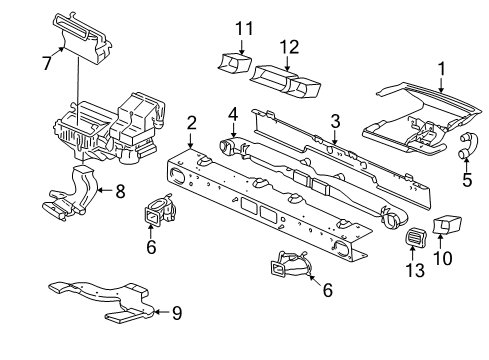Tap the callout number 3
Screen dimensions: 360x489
click(x=336, y=121)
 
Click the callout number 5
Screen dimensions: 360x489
click(x=465, y=181)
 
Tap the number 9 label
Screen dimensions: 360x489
click(x=176, y=313)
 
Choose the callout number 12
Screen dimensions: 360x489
click(x=289, y=47)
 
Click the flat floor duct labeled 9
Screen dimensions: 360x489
click(x=95, y=299)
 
